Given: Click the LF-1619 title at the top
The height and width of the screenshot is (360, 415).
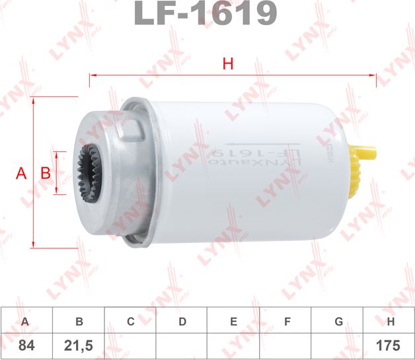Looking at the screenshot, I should click(x=206, y=13).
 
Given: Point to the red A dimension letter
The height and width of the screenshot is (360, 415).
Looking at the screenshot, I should click(x=21, y=174).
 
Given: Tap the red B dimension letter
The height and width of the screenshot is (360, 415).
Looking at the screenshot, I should click(x=46, y=174).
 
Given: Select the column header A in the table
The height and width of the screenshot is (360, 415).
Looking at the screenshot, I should click(x=26, y=322).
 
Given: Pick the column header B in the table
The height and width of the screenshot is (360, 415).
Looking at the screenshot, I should click(x=79, y=322).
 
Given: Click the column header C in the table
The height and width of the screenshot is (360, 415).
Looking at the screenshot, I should click(x=131, y=322).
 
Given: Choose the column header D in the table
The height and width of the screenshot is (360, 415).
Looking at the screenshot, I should click(x=182, y=322).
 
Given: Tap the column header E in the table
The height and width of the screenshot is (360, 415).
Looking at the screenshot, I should click(x=234, y=322).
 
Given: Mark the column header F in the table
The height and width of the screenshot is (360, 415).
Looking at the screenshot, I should click(x=287, y=322).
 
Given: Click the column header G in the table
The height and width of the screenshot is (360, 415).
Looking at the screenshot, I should click(x=338, y=322).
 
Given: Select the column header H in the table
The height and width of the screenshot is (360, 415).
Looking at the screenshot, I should click(x=391, y=322).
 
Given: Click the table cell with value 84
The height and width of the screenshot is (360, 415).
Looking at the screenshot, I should click(x=26, y=345).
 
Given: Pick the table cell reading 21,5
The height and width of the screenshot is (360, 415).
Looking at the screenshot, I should click(x=79, y=345).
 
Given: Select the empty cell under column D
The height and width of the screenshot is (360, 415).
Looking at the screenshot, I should click(x=182, y=345).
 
